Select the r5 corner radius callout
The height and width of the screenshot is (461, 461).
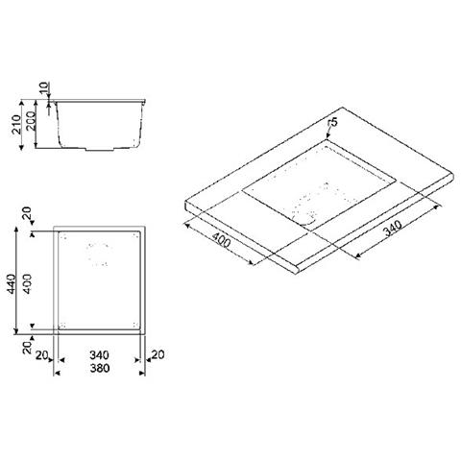click(x=332, y=123)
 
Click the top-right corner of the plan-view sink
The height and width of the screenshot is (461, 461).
click(x=141, y=232)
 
